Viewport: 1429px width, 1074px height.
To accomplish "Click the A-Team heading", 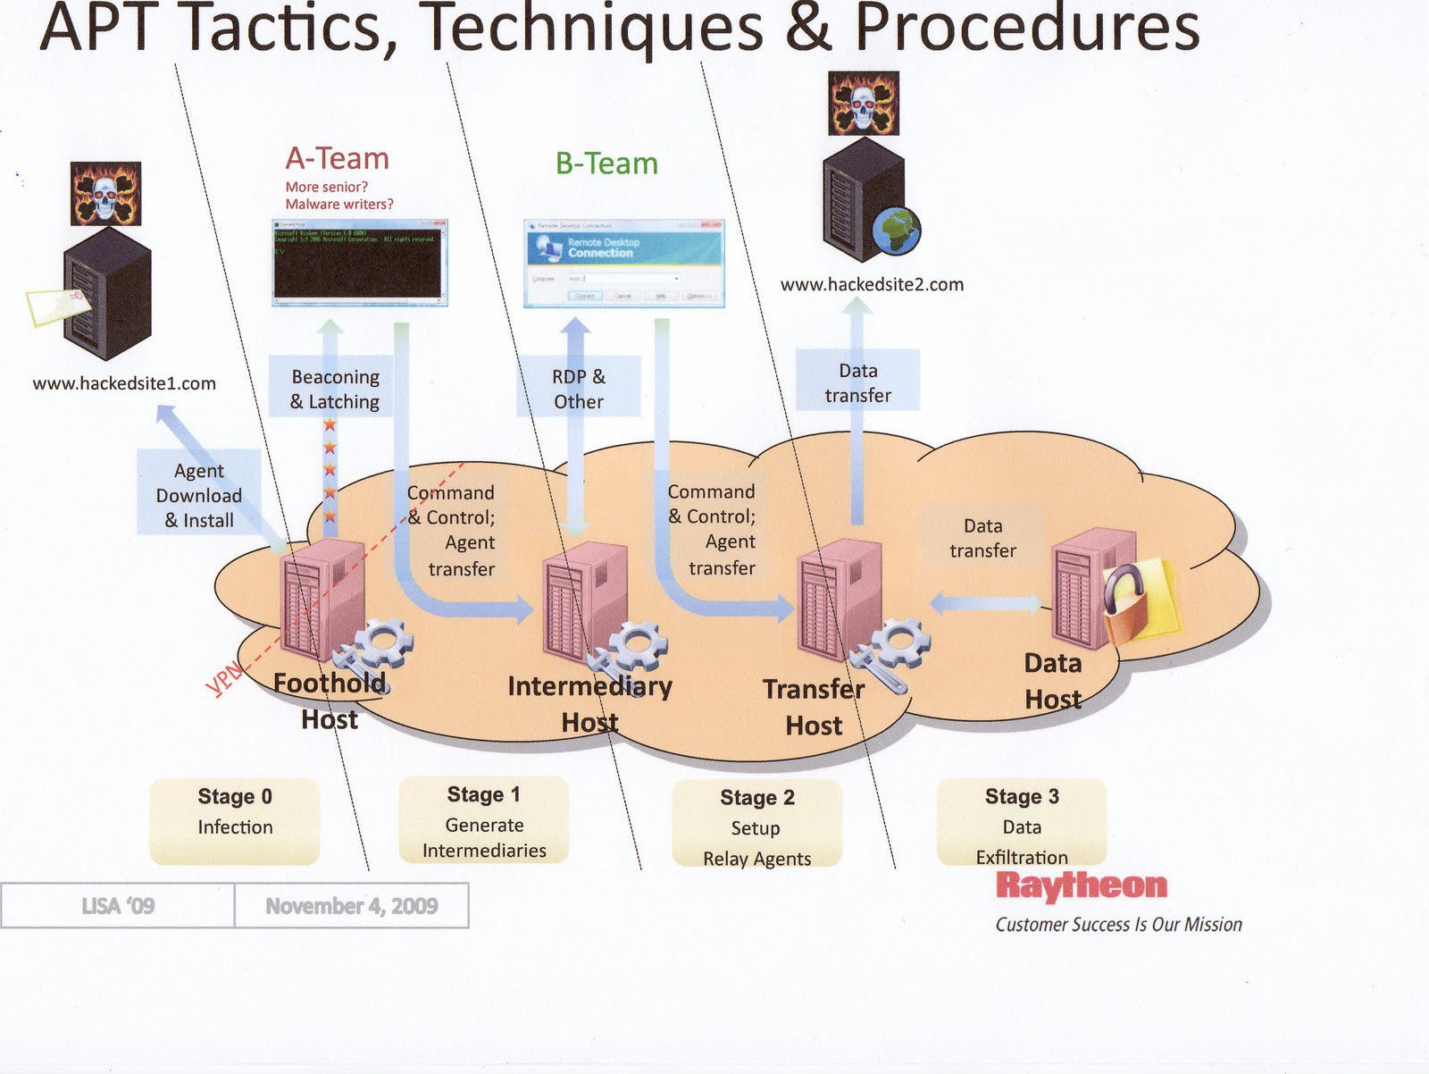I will [338, 159].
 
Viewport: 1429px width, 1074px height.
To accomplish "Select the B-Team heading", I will [606, 164].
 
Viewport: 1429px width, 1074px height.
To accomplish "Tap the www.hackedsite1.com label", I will [124, 383].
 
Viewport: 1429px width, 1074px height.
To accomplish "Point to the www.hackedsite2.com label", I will [872, 284].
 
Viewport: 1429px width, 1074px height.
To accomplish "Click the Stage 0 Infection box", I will [235, 820].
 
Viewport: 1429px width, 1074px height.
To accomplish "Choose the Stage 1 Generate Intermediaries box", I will [484, 820].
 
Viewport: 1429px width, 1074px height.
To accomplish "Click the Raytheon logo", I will [1082, 885].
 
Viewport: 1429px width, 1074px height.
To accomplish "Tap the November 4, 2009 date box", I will [351, 906].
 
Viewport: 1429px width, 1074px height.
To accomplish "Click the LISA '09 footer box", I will [118, 906].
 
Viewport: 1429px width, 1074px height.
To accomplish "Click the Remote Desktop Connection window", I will [623, 264].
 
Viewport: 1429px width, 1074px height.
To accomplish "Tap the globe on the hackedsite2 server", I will [896, 231].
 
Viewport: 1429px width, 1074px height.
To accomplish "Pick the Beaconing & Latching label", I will [335, 389].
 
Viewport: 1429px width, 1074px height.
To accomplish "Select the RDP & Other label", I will [579, 389].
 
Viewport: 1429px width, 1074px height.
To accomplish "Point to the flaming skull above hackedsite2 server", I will [864, 105].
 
